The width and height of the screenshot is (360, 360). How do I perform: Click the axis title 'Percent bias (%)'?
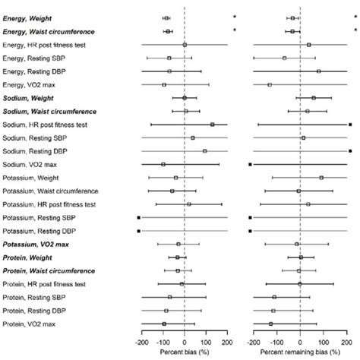point(185,353)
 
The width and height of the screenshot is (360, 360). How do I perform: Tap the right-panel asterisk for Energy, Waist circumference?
point(354,31)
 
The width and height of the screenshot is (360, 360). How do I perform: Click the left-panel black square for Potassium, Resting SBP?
point(139,217)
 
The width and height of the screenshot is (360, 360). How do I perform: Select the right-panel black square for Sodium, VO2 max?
point(250,164)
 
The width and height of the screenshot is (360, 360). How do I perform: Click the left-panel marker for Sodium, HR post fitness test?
point(213,124)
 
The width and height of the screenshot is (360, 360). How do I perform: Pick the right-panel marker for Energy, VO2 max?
point(270,84)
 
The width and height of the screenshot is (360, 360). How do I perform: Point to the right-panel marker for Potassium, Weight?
point(321,177)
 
